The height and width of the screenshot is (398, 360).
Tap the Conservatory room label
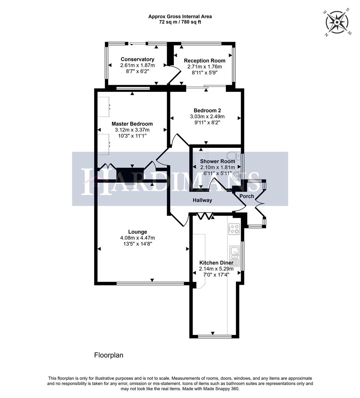click(137, 59)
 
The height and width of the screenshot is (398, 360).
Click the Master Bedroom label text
click(132, 124)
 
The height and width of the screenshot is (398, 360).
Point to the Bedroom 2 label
click(207, 111)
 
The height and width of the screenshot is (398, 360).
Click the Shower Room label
click(217, 161)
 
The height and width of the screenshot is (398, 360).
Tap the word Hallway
click(203, 200)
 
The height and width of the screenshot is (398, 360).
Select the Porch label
click(247, 196)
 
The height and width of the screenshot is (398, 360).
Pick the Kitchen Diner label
click(216, 263)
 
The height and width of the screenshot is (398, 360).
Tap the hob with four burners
click(234, 229)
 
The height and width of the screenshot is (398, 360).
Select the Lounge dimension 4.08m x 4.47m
click(137, 238)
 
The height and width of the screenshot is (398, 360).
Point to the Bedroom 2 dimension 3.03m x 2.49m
click(207, 116)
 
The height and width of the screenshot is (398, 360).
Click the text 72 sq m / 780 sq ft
click(180, 22)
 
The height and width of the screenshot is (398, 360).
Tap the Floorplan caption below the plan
click(109, 355)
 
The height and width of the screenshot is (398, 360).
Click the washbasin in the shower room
click(237, 176)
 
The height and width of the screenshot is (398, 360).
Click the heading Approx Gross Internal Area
click(180, 17)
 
